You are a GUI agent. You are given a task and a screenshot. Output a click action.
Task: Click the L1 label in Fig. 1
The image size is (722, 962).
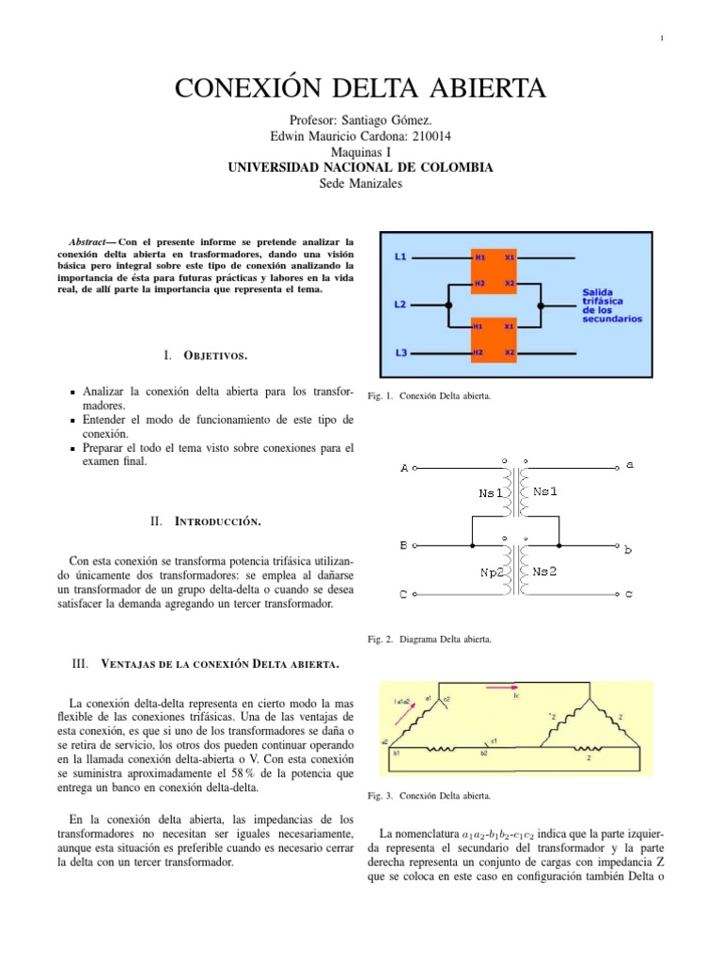click(400, 256)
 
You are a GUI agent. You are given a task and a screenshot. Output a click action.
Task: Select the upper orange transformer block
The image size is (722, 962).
click(494, 270)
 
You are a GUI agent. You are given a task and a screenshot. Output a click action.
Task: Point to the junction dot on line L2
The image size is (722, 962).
click(448, 304)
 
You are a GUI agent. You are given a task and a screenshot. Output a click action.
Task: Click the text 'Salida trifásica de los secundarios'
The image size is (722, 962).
click(612, 305)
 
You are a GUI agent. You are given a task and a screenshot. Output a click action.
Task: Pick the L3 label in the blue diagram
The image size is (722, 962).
click(400, 352)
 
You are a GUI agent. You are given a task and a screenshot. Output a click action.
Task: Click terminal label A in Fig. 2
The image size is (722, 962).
click(404, 468)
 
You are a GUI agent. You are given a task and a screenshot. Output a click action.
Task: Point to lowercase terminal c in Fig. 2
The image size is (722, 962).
click(629, 594)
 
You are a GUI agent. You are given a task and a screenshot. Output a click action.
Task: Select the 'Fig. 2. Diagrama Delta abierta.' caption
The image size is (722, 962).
click(429, 640)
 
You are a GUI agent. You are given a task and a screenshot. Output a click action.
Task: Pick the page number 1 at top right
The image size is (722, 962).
click(662, 38)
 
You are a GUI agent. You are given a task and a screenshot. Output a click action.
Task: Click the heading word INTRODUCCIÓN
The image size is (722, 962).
click(219, 520)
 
